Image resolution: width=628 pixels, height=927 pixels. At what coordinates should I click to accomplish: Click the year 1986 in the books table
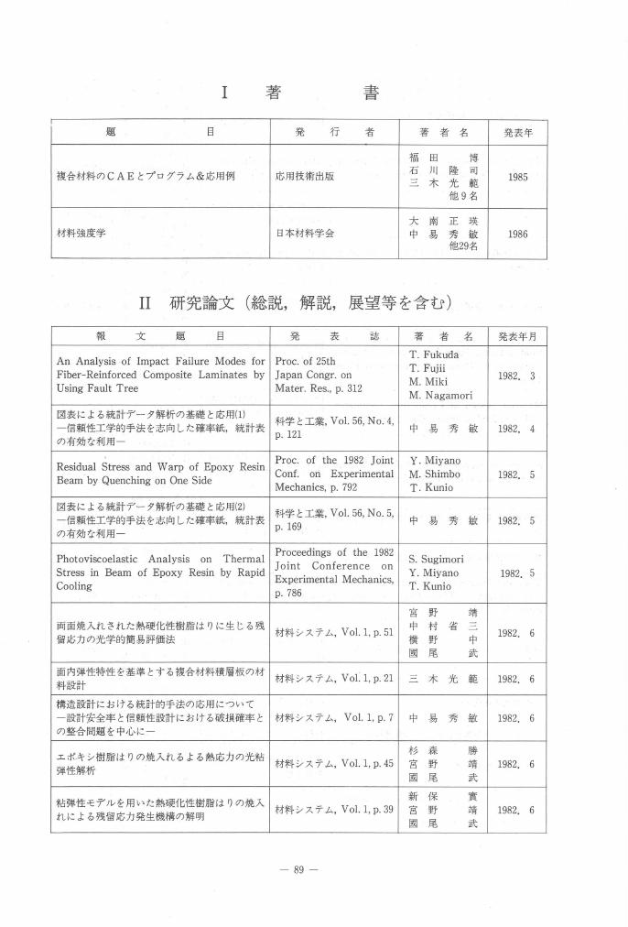tap(517, 234)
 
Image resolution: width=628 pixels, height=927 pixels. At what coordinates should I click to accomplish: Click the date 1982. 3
tap(517, 375)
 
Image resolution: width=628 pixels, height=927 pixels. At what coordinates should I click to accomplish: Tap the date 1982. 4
tap(517, 428)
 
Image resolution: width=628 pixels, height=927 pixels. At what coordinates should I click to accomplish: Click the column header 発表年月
tap(517, 336)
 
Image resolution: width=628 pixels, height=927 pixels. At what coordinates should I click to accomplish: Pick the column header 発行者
tap(334, 132)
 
